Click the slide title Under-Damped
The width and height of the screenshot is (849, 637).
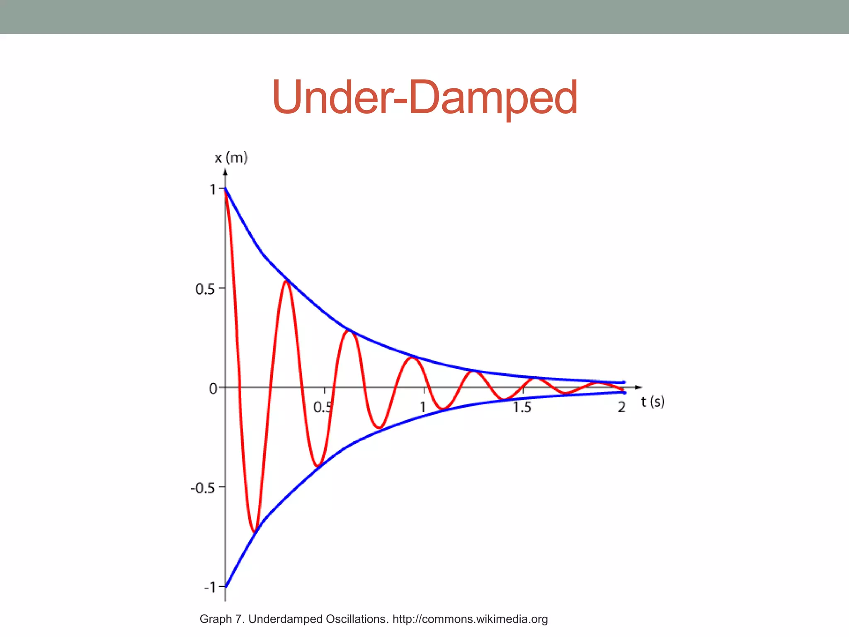click(x=424, y=97)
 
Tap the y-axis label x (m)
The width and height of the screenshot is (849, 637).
click(x=231, y=158)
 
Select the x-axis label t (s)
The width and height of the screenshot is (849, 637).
click(x=653, y=401)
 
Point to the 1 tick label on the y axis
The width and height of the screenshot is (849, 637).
click(x=213, y=190)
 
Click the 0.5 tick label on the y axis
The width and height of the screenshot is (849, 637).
click(x=205, y=289)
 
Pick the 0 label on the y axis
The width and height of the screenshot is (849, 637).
click(x=213, y=389)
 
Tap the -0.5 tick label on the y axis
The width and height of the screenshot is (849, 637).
click(x=202, y=488)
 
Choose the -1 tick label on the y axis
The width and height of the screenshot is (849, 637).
click(x=210, y=587)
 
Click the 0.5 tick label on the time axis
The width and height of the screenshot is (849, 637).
click(x=323, y=407)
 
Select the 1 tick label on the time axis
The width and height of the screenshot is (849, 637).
click(x=422, y=407)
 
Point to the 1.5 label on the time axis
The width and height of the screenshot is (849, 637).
click(x=522, y=407)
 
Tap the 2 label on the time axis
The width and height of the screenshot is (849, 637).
click(x=621, y=407)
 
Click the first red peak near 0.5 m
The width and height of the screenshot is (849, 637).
click(x=286, y=282)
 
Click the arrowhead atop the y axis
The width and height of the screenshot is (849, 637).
click(x=225, y=172)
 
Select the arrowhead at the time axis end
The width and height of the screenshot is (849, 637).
click(x=639, y=387)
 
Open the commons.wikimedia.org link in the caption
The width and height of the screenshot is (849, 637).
click(x=470, y=619)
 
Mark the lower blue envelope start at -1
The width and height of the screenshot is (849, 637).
click(x=226, y=586)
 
